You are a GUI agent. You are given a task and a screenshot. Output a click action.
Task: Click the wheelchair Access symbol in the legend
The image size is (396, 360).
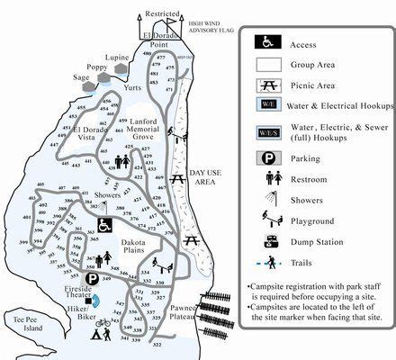268,41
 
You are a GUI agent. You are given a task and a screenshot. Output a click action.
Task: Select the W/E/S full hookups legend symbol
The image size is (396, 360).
268,133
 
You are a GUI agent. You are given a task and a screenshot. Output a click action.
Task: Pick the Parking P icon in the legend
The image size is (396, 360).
268,157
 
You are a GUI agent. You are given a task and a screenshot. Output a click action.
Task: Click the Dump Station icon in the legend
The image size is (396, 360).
268,241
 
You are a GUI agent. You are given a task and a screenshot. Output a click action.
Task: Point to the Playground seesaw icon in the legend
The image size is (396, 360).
268,220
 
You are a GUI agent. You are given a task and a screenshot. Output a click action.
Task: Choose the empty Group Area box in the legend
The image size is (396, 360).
268,64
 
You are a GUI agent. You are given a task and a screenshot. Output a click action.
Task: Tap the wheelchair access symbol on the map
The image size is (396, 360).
105,224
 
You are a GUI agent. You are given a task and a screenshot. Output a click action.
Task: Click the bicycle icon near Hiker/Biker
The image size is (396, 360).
104,321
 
